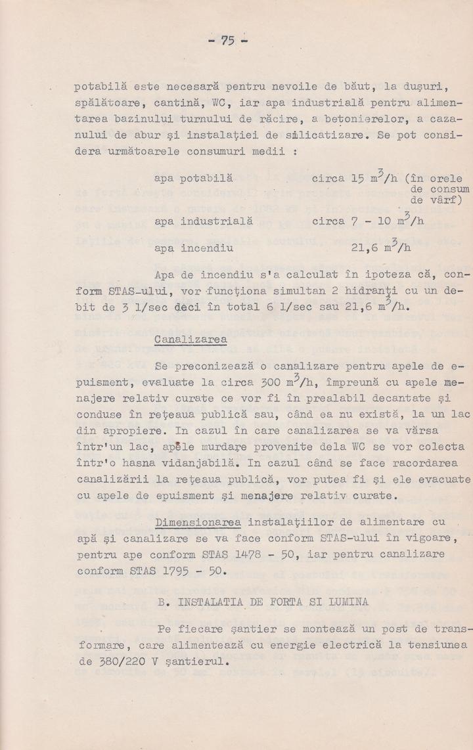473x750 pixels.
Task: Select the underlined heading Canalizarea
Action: tap(191, 340)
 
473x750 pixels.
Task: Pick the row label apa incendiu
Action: tap(193, 248)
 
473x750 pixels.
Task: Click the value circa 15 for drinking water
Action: tap(338, 178)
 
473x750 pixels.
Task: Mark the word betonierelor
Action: tap(363, 119)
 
